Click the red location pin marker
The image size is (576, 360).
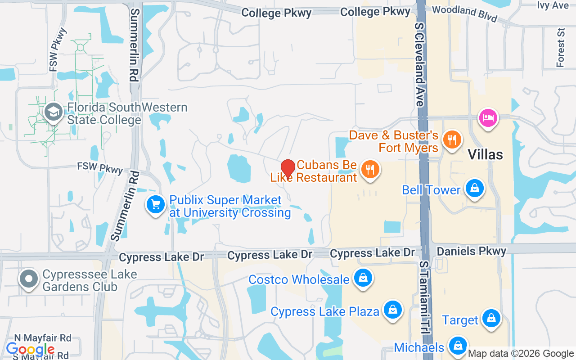pyautogui.click(x=288, y=168)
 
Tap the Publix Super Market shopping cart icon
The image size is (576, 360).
pyautogui.click(x=156, y=205)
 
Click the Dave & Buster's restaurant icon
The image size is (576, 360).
pyautogui.click(x=450, y=139)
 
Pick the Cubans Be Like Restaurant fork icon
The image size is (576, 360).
pyautogui.click(x=370, y=170)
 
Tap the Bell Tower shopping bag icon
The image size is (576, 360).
pyautogui.click(x=474, y=189)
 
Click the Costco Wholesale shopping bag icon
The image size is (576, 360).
pyautogui.click(x=363, y=278)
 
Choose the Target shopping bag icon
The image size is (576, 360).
pyautogui.click(x=491, y=319)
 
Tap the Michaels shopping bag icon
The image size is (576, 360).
pyautogui.click(x=458, y=346)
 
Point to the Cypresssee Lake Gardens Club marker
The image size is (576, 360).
pyautogui.click(x=29, y=279)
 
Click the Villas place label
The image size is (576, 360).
pyautogui.click(x=485, y=155)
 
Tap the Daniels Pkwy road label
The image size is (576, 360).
pyautogui.click(x=472, y=251)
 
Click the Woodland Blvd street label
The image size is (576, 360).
pyautogui.click(x=464, y=13)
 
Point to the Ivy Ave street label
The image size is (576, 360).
pyautogui.click(x=553, y=5)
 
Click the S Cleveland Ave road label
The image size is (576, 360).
pyautogui.click(x=419, y=65)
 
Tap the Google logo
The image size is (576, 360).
pyautogui.click(x=30, y=349)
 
